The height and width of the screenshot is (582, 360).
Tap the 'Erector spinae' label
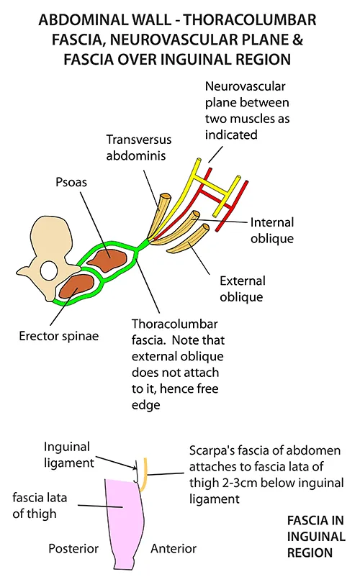(49, 336)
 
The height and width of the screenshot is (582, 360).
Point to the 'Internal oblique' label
(276, 229)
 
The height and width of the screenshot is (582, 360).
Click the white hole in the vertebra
(49, 271)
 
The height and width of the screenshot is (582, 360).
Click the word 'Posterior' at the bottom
(73, 549)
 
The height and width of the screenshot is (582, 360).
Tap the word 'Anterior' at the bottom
(174, 549)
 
